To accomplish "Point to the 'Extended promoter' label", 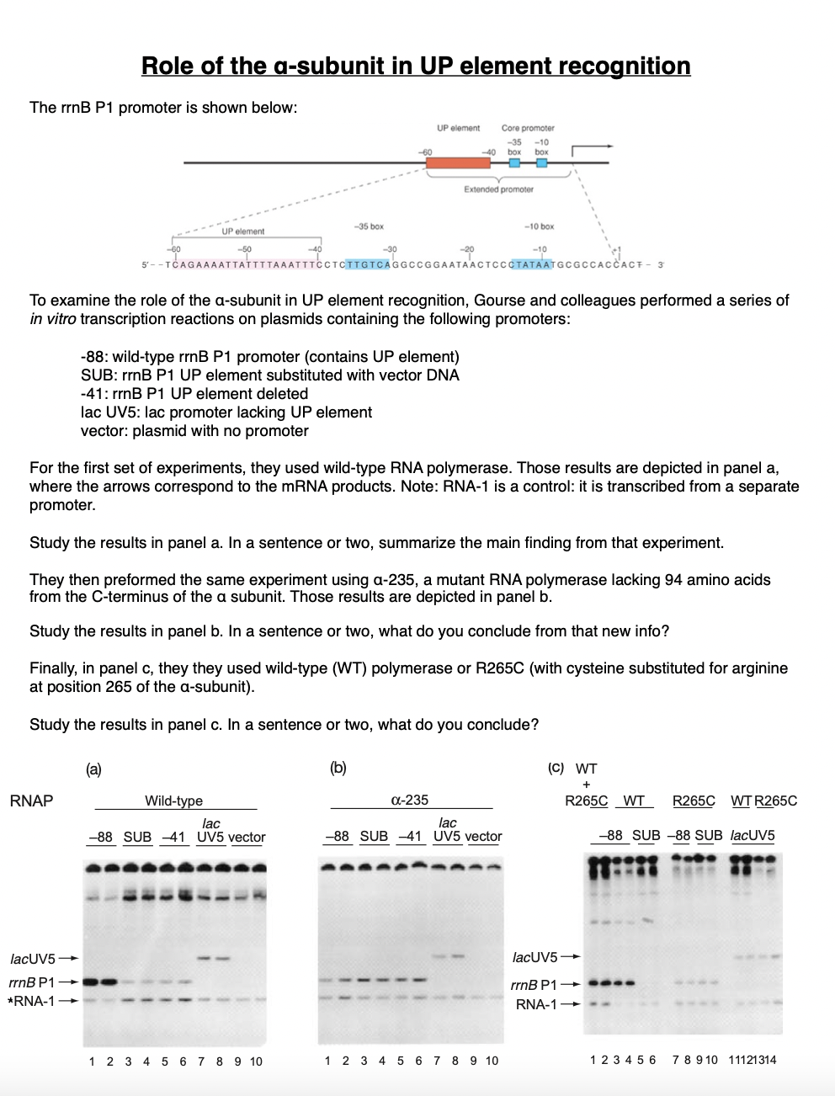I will (x=498, y=190).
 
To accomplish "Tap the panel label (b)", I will (x=338, y=767).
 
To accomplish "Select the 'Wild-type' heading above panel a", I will (x=173, y=801).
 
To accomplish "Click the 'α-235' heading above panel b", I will (x=410, y=801).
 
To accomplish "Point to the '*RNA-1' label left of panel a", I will (x=35, y=1000).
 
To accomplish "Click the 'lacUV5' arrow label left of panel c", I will (x=535, y=957).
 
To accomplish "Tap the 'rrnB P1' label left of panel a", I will (x=32, y=982).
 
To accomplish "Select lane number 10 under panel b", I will (x=492, y=1061).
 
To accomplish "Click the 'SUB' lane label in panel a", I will (x=137, y=838).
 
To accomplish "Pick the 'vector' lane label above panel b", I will (x=483, y=837).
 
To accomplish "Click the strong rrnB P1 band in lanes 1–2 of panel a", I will (x=100, y=982).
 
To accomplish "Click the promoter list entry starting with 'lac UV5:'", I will (x=226, y=412).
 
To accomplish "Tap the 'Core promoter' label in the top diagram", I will (x=528, y=128).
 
